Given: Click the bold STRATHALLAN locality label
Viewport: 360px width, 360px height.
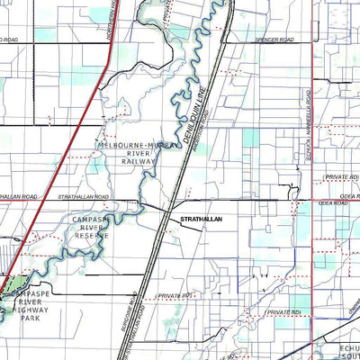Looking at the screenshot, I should pyautogui.click(x=201, y=219).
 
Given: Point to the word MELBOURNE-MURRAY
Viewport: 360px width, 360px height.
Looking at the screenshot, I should pyautogui.click(x=131, y=144).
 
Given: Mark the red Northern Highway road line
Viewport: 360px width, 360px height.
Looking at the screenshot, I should pyautogui.click(x=63, y=171).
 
